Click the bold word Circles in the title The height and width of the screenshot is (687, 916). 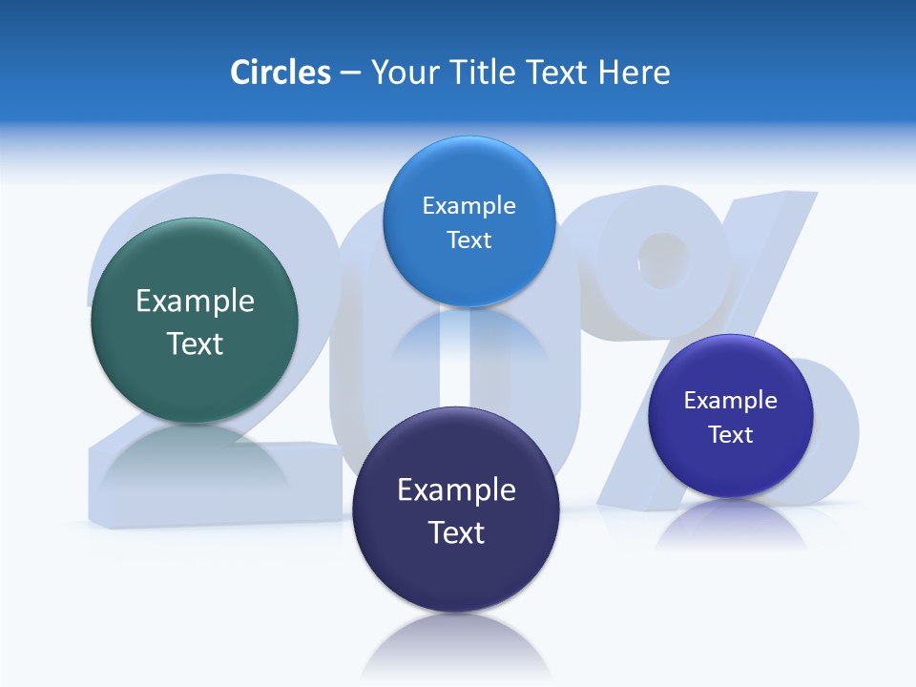click(x=280, y=73)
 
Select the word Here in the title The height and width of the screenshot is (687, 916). click(x=635, y=73)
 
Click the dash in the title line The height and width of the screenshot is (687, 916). click(x=350, y=73)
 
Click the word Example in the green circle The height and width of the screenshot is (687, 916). click(x=195, y=302)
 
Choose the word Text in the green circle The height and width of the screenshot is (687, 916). click(x=195, y=343)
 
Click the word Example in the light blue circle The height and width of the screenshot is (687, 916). click(x=468, y=206)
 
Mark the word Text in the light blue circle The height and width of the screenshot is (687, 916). click(x=468, y=240)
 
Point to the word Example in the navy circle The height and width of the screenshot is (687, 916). click(x=456, y=490)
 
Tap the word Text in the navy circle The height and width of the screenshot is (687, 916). click(x=456, y=532)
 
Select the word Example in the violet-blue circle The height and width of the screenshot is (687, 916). click(x=730, y=401)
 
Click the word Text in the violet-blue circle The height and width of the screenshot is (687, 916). click(x=731, y=435)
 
